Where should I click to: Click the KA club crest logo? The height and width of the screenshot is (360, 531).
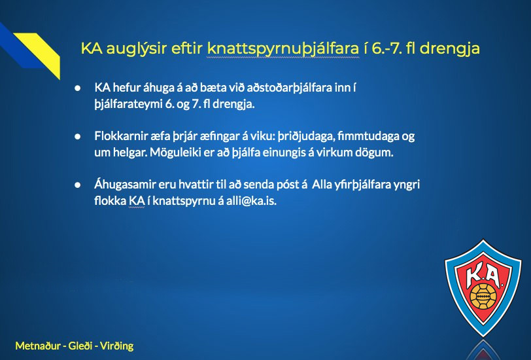[x=483, y=288]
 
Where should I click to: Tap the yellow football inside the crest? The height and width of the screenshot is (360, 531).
[x=483, y=297]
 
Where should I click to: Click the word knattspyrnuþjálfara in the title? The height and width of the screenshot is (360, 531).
[x=283, y=49]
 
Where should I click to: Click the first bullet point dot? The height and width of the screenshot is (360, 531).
[x=78, y=88]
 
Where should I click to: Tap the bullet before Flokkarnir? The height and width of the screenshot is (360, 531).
[x=78, y=136]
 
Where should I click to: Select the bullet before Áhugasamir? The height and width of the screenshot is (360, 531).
[x=78, y=185]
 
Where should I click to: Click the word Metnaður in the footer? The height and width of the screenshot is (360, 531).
[x=38, y=346]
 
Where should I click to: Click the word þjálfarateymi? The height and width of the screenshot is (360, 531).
[x=128, y=104]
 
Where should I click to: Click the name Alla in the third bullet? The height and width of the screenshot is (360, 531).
[x=321, y=185]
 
